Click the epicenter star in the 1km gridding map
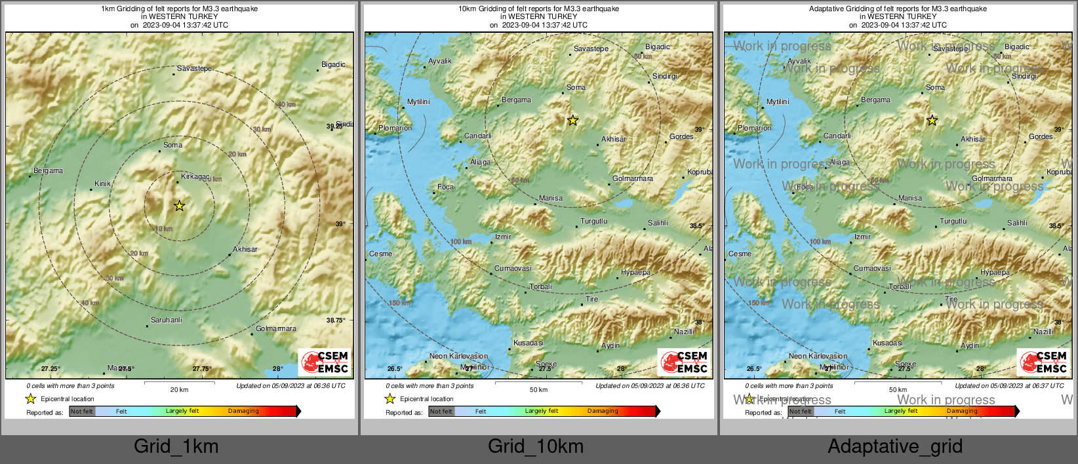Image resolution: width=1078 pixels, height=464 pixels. tap(179, 206)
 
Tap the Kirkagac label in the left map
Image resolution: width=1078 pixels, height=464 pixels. tap(195, 177)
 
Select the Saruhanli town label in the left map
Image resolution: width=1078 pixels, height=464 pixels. tap(167, 320)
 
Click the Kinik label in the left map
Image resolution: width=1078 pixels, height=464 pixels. tap(103, 184)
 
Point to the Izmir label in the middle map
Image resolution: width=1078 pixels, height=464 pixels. tap(503, 237)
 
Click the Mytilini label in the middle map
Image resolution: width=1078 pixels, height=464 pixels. tap(418, 102)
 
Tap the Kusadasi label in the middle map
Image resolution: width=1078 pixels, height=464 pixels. tap(528, 343)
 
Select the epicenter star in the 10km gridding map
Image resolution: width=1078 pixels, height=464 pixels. tap(572, 121)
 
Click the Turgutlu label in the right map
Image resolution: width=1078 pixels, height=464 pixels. tap(953, 221)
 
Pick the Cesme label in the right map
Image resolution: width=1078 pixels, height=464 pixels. tap(740, 254)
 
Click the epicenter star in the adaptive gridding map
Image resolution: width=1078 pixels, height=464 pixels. tap(932, 121)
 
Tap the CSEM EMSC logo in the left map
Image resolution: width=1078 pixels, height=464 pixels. tap(325, 362)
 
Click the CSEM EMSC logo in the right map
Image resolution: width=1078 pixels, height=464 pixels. tap(1043, 362)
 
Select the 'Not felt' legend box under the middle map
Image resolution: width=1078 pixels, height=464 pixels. tap(441, 412)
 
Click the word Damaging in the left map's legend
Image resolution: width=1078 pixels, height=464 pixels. tap(243, 411)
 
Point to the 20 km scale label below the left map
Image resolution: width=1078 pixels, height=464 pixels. tap(179, 389)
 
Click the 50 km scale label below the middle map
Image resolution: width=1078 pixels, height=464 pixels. tap(538, 389)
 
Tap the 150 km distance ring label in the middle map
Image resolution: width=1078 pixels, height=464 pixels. tap(399, 303)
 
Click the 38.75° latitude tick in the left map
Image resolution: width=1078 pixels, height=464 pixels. tap(336, 320)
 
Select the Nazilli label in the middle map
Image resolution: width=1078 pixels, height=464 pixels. tap(684, 332)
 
